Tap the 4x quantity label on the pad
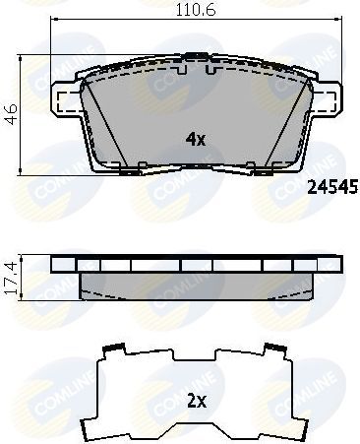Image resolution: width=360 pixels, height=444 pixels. [x=195, y=139]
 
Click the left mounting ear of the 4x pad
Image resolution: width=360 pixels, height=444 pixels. [x=64, y=99]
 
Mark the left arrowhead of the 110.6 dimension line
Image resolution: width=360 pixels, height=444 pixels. [x=54, y=21]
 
